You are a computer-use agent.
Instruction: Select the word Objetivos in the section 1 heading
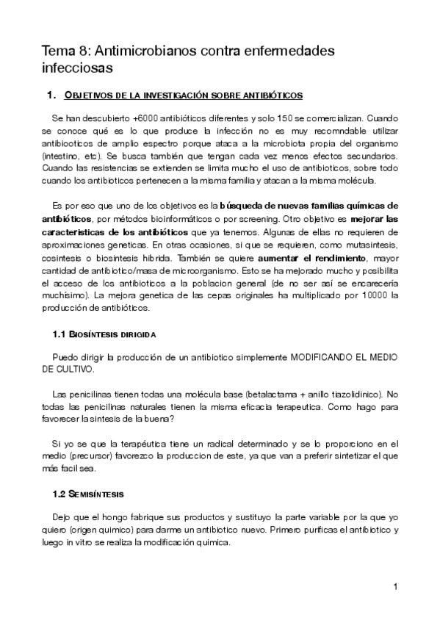point(91,95)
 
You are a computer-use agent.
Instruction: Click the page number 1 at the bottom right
point(395,586)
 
